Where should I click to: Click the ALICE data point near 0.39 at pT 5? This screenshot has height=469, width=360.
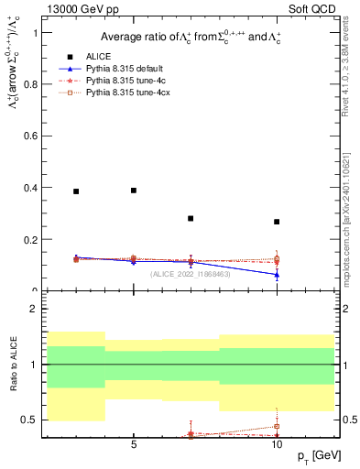(x=134, y=191)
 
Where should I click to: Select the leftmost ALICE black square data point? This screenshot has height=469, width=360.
(x=76, y=191)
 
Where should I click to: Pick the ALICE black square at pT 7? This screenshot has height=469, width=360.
(x=191, y=218)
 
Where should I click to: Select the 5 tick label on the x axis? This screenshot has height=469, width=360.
(x=134, y=445)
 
